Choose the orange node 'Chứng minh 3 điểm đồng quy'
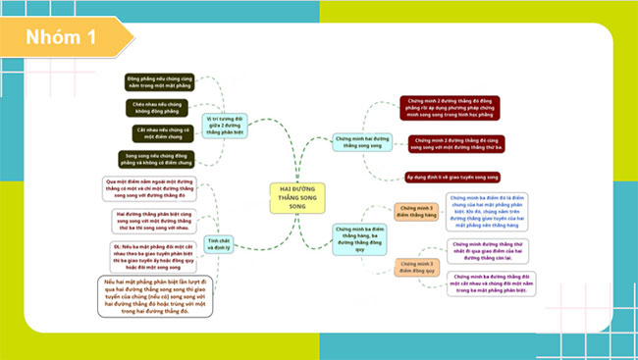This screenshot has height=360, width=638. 416,267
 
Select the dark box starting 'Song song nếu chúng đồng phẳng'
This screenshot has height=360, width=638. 159,158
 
